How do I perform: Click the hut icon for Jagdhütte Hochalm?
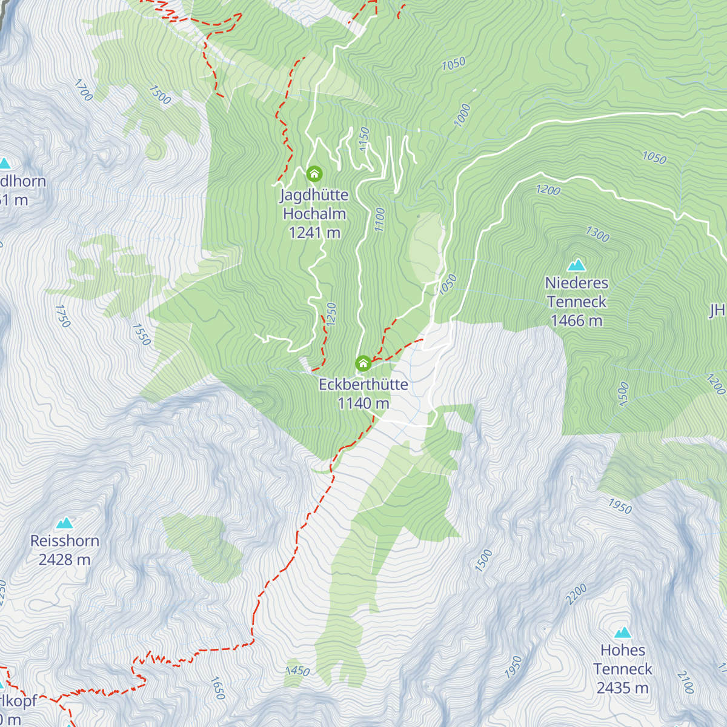coord(314,174)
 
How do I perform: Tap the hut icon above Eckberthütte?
coord(363,363)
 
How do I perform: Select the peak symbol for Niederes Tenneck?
coord(576,265)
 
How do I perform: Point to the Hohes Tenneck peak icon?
coord(623,632)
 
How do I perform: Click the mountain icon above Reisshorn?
coord(64,523)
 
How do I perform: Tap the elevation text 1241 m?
coord(314,233)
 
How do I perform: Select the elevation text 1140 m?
coord(363,403)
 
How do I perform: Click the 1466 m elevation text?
coord(576,320)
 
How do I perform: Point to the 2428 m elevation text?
coord(64,560)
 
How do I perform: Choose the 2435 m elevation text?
coord(623,688)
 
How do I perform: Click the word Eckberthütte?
coord(363,385)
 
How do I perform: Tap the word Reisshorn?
coord(64,541)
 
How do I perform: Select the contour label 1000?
coord(462,115)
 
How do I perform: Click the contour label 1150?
coord(364,139)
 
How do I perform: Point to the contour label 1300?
coord(597,234)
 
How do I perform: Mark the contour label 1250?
coord(331,314)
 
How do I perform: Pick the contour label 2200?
coord(576,594)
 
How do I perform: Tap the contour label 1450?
coord(297,671)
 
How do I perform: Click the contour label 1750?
coord(62,316)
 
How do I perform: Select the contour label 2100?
coord(685,682)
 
